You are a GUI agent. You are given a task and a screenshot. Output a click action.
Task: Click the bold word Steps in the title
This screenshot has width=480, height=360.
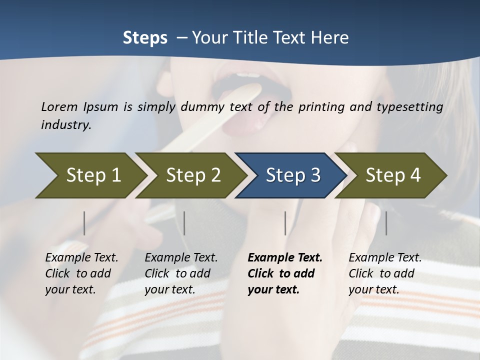click(145, 37)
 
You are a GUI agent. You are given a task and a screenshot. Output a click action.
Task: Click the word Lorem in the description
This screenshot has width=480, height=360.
click(59, 106)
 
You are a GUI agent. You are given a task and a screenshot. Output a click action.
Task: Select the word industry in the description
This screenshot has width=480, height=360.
click(66, 124)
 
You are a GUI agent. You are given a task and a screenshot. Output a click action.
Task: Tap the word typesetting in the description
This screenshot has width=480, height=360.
click(414, 107)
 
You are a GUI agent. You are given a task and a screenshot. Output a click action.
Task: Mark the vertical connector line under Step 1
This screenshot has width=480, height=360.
click(84, 223)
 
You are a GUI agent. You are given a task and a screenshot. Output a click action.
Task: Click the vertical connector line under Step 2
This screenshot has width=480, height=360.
click(184, 223)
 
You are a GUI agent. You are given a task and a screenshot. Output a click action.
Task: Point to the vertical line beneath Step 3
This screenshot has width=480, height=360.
click(285, 223)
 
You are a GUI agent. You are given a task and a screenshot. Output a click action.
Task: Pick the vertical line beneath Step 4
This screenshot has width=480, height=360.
click(386, 223)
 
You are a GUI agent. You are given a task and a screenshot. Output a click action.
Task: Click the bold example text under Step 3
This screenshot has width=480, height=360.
click(284, 273)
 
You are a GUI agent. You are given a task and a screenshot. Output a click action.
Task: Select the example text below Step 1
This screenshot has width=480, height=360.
click(81, 273)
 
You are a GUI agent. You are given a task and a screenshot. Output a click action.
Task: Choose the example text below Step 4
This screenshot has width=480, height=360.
click(385, 273)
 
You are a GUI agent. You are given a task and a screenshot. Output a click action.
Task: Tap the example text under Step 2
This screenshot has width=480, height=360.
click(181, 273)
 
